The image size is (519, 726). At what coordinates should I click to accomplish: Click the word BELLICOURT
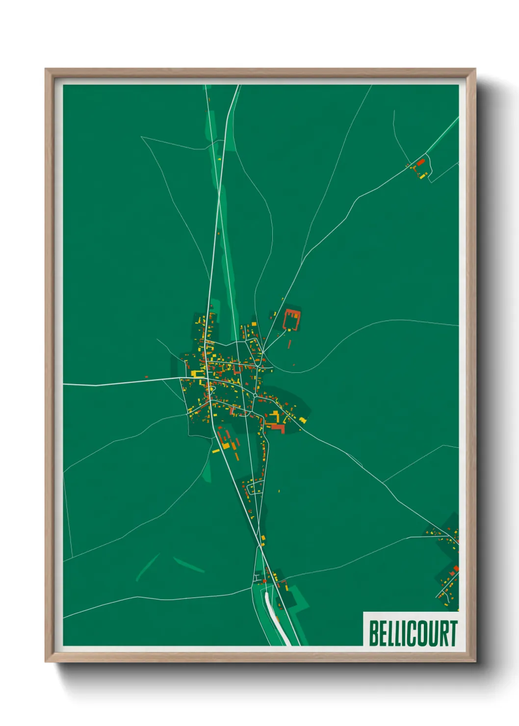413,633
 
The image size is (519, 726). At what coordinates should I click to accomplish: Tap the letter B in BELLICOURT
374,633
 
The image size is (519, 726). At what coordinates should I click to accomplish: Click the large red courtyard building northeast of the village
292,319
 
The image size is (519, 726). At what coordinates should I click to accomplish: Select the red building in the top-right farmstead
420,161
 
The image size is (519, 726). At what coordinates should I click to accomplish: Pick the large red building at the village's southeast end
277,428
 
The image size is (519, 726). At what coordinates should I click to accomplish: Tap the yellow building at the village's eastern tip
303,420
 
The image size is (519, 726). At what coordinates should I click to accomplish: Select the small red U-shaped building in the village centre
238,368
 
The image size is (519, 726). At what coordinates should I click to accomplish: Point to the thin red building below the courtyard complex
289,344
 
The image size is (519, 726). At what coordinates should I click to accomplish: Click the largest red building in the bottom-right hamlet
456,568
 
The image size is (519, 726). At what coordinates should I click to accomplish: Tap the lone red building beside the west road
146,377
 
